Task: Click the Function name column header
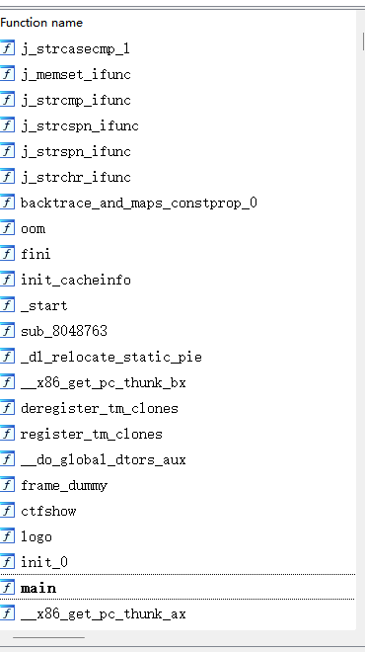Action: pos(41,22)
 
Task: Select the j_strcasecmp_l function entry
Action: pos(75,48)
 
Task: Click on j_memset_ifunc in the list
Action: pos(75,74)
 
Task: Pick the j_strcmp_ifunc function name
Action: pos(75,100)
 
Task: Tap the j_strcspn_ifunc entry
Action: pos(79,125)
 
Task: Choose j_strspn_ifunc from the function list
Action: pos(75,151)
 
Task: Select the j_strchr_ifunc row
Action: pos(75,177)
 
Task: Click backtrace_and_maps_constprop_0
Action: pos(138,203)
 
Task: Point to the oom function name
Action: pos(33,228)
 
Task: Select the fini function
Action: pos(36,254)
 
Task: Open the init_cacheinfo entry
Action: pos(75,280)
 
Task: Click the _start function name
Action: pos(44,305)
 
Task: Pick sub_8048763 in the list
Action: pos(64,331)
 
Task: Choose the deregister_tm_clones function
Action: pos(100,408)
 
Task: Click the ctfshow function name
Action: pos(48,511)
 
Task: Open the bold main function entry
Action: pos(38,588)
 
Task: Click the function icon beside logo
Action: pos(8,536)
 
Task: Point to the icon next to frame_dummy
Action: pos(8,485)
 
